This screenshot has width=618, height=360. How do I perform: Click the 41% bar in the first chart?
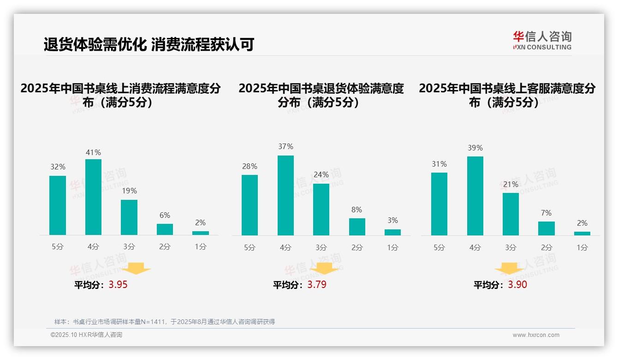[93, 197]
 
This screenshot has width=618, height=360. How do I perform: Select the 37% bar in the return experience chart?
[285, 195]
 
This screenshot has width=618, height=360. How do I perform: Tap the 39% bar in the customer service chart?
[475, 196]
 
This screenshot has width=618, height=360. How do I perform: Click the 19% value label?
[129, 191]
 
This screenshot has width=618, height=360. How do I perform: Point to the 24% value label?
[321, 174]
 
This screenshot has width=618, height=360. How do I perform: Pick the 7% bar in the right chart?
[546, 228]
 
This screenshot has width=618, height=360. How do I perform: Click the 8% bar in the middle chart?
[357, 227]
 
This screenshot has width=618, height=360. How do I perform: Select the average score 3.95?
[118, 285]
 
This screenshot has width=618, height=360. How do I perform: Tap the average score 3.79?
[317, 285]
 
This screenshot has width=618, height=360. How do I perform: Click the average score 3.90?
[517, 285]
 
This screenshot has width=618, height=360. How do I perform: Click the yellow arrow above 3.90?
[509, 268]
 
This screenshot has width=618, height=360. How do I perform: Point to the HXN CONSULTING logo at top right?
[542, 40]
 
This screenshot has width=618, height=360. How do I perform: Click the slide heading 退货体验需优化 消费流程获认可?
[149, 44]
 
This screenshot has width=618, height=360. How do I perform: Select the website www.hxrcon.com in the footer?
[535, 335]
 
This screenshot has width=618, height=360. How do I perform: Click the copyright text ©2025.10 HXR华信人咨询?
[86, 335]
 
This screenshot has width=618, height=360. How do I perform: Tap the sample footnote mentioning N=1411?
[164, 322]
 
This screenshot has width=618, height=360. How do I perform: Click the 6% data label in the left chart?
[165, 215]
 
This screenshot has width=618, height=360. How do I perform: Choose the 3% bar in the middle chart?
[392, 232]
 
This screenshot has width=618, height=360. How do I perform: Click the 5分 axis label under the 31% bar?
[439, 248]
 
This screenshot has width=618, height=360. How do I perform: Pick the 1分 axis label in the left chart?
[201, 247]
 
